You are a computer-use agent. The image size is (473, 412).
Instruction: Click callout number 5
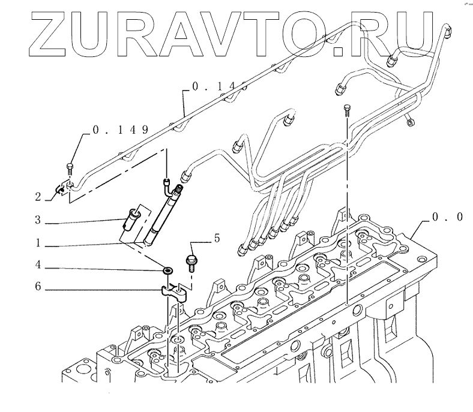click(216, 239)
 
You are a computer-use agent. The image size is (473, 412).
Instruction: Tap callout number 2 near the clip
click(37, 196)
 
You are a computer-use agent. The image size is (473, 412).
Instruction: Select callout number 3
click(37, 221)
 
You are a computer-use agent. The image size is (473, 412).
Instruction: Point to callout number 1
click(37, 244)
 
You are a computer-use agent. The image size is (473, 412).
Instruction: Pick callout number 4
click(37, 264)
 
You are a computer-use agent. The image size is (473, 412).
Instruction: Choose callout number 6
click(37, 287)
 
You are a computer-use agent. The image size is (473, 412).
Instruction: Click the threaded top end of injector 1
click(177, 190)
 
